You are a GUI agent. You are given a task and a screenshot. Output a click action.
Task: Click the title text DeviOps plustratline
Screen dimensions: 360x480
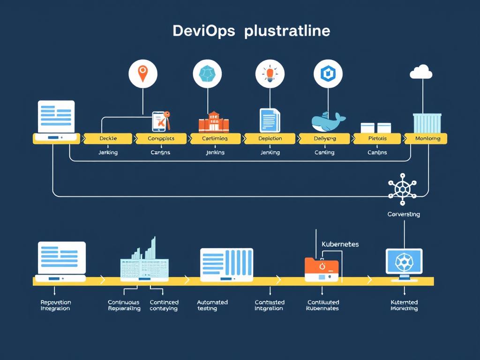(251, 31)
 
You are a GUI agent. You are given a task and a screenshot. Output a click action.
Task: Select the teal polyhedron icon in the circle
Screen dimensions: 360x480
(207, 74)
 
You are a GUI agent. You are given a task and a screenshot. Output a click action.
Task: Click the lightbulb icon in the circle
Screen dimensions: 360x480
(270, 74)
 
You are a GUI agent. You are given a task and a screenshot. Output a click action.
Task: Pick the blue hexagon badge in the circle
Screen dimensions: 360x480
(328, 74)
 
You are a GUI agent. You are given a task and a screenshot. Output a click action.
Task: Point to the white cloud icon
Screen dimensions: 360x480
(421, 72)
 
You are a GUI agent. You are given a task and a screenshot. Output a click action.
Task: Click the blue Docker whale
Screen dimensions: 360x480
(328, 122)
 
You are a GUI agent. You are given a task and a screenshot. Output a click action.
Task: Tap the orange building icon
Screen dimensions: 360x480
(213, 122)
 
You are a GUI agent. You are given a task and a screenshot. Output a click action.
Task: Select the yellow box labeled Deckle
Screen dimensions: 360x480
(108, 138)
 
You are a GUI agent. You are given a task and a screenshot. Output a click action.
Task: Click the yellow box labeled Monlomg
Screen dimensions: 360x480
(427, 138)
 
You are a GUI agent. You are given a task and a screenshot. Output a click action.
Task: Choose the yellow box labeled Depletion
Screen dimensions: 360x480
(270, 138)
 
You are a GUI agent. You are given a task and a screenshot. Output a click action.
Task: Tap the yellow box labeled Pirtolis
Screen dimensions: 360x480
(377, 138)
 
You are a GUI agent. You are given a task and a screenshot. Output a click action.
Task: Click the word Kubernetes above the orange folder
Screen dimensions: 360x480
(340, 244)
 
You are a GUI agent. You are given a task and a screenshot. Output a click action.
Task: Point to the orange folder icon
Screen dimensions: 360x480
(321, 269)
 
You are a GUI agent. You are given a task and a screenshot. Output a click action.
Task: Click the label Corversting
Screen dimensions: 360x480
(404, 214)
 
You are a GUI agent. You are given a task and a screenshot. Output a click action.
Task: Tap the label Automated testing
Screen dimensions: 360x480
(212, 306)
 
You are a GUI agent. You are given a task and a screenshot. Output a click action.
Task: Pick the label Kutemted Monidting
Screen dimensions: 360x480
(404, 306)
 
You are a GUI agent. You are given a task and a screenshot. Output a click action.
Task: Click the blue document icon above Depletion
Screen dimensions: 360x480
(270, 120)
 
